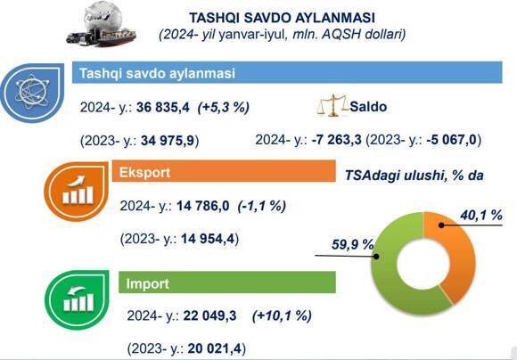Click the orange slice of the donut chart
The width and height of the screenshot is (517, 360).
(x=460, y=250)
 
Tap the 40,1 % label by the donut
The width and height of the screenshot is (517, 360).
(x=481, y=216)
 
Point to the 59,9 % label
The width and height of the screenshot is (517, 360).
(x=352, y=245)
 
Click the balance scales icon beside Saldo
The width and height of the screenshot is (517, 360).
(x=332, y=105)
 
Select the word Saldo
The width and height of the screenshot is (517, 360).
(x=368, y=106)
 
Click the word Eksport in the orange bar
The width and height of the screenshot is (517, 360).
(x=144, y=172)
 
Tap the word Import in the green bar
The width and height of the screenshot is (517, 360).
(x=147, y=283)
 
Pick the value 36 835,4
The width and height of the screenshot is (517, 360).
(x=163, y=107)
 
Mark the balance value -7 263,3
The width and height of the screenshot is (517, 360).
(x=336, y=139)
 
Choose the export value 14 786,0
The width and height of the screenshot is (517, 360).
(x=202, y=206)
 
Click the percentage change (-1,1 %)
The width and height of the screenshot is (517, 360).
(x=262, y=206)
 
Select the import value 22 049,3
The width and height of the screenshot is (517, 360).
(x=209, y=315)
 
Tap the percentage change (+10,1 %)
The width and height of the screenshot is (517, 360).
(x=282, y=315)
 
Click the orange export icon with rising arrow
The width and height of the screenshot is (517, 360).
(x=77, y=191)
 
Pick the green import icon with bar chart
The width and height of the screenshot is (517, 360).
(x=78, y=299)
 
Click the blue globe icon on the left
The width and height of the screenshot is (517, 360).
(x=32, y=93)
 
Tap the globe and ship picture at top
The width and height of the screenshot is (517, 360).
(x=102, y=24)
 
